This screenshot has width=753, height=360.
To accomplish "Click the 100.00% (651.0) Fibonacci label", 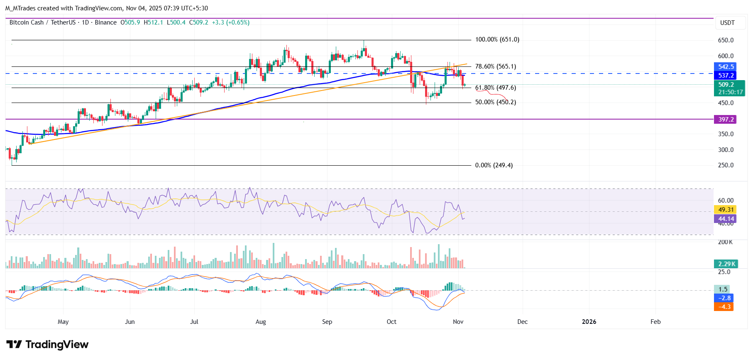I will [497, 39].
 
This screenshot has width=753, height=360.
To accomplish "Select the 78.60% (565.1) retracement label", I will [495, 66].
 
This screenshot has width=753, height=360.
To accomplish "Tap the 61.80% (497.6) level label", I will [495, 88].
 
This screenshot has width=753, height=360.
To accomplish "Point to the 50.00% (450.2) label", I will [495, 102].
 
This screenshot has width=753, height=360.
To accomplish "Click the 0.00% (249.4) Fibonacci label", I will [494, 165].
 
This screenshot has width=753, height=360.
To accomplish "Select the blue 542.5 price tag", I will [726, 67].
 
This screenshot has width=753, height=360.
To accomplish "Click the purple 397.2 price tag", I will [726, 120].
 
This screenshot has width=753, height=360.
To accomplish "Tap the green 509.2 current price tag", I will [726, 85].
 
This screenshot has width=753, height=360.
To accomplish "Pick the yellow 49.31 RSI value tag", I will [726, 210].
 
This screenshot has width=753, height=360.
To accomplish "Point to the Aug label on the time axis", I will [261, 322].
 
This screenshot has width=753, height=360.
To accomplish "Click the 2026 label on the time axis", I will [589, 322].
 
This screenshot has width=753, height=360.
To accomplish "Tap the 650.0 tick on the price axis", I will [726, 40].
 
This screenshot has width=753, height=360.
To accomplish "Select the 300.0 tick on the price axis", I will [726, 150].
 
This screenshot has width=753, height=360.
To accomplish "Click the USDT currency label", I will [727, 23].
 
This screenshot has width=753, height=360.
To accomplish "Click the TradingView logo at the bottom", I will [47, 345].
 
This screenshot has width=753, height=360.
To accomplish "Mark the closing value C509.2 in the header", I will [198, 22].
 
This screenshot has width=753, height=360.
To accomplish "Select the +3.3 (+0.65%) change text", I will [231, 22].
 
